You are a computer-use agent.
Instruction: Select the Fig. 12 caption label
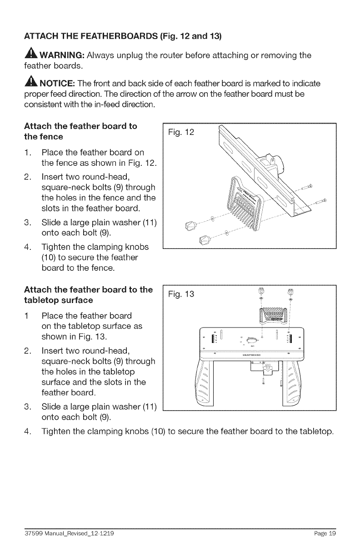[180, 133]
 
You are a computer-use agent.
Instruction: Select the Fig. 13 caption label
[180, 294]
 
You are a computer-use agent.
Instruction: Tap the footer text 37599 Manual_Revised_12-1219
[65, 534]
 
